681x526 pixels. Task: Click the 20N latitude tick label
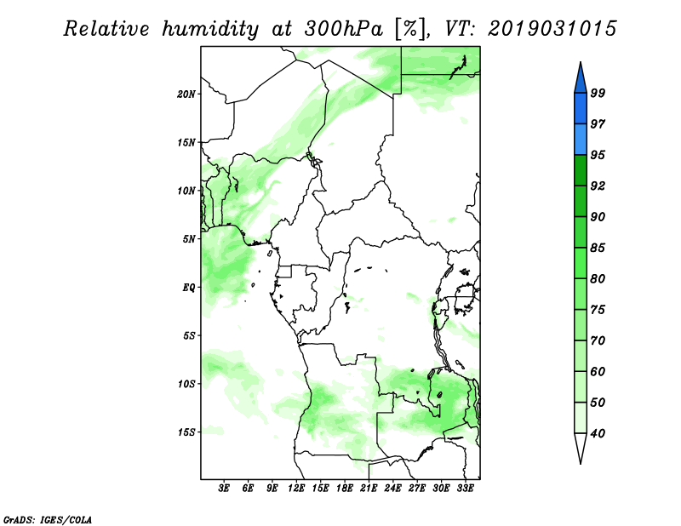[187, 94]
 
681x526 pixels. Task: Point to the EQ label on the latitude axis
[190, 287]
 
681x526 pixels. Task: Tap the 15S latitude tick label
[187, 432]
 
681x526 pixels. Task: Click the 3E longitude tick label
[224, 489]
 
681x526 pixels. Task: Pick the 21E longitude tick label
[369, 489]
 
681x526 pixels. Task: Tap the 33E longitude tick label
[465, 489]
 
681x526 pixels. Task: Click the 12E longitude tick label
[296, 489]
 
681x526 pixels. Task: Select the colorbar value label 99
[598, 93]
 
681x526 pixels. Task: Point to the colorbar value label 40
[598, 434]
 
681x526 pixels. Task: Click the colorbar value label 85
[598, 248]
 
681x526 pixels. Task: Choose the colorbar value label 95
[598, 155]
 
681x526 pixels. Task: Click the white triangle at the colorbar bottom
[580, 448]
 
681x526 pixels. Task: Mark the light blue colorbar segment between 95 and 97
[580, 140]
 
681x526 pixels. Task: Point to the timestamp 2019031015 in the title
[552, 29]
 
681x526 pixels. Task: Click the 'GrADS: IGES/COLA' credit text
[47, 518]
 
